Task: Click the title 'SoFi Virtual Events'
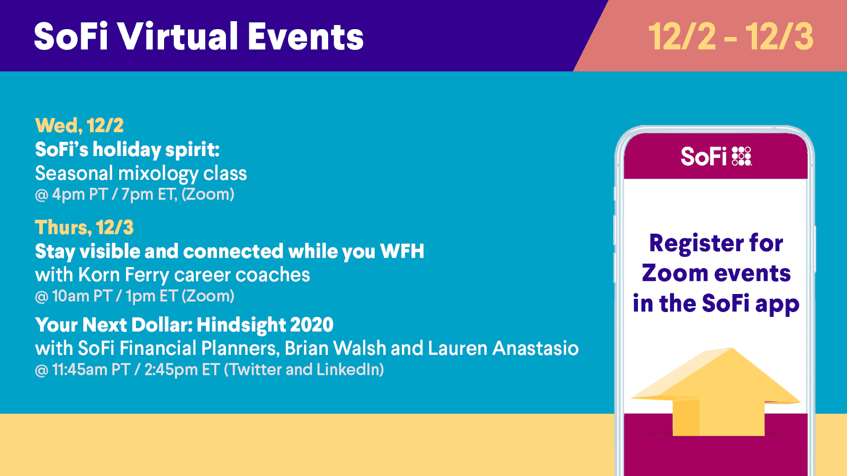[x=199, y=36]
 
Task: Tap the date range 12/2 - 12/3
[x=731, y=36]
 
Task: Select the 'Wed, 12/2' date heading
[x=79, y=125]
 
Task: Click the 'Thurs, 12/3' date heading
[x=84, y=227]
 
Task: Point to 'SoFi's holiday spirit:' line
[x=127, y=150]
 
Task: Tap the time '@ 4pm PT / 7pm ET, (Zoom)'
[x=134, y=195]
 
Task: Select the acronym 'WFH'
[x=402, y=251]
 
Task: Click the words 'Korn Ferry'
[x=124, y=274]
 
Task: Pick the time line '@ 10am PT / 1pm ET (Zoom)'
[x=134, y=296]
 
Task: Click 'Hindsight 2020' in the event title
[x=265, y=325]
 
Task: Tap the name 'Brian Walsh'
[x=335, y=349]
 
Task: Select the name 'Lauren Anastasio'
[x=503, y=349]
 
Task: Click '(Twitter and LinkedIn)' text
[x=304, y=370]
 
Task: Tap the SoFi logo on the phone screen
[x=716, y=157]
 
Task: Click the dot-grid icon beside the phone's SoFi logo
[x=742, y=157]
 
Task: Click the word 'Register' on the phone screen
[x=690, y=244]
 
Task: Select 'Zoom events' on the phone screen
[x=716, y=273]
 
